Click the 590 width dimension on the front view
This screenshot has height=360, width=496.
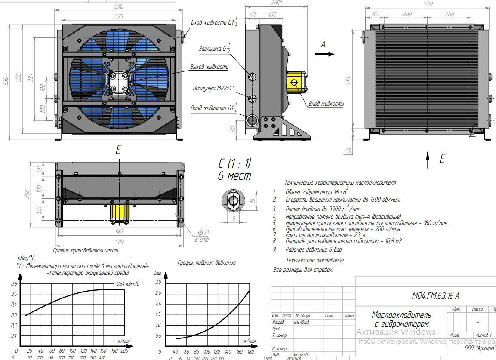(x=119, y=6)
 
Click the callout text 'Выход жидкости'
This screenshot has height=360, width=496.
(x=209, y=67)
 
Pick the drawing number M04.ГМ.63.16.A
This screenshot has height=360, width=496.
(x=435, y=295)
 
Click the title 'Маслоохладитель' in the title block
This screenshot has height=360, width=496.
(x=400, y=315)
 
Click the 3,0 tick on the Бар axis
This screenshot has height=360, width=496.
(x=158, y=282)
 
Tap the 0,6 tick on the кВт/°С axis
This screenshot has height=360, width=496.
(x=14, y=284)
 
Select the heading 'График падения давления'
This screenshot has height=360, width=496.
(x=206, y=262)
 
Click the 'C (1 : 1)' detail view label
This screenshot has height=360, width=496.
(x=234, y=164)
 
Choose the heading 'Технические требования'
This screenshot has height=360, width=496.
(x=315, y=260)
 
